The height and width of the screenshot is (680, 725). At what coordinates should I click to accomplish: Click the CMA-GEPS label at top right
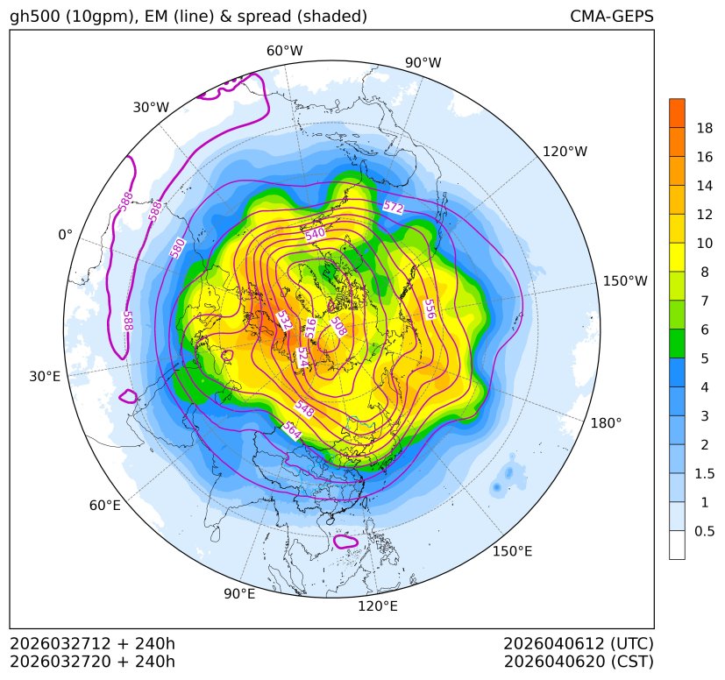click(611, 17)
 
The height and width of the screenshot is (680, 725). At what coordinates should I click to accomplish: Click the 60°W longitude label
click(284, 51)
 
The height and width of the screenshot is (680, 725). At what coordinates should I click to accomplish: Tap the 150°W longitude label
click(625, 281)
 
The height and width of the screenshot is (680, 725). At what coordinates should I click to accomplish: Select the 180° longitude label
click(606, 422)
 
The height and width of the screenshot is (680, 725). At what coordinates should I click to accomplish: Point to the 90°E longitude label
click(239, 594)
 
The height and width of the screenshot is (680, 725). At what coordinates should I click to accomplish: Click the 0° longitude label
click(65, 235)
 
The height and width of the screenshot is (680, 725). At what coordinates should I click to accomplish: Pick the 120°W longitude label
click(565, 152)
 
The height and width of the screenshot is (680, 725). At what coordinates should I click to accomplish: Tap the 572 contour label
click(394, 208)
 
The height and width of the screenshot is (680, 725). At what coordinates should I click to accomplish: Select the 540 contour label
click(315, 235)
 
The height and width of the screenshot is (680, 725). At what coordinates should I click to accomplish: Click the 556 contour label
click(429, 308)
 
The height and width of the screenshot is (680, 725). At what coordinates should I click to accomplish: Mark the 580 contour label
click(178, 248)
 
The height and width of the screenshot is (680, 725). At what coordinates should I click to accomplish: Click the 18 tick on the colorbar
click(704, 128)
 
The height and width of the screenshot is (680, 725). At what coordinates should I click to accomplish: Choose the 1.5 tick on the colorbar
click(704, 473)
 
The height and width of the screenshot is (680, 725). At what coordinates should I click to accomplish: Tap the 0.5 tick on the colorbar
click(704, 531)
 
